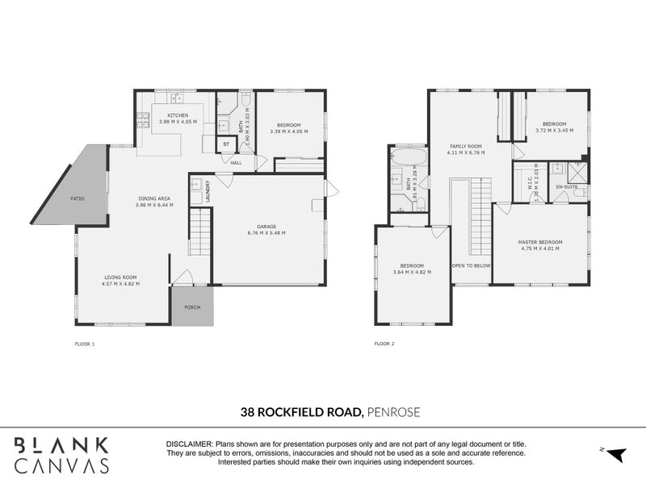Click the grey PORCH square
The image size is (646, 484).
[192, 307]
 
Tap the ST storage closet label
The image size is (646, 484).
[226, 145]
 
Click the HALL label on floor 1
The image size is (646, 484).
[237, 163]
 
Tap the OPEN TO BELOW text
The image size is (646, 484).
[471, 265]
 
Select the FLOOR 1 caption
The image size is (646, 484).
[85, 344]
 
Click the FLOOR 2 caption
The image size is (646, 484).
[384, 344]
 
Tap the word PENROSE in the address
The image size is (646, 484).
[392, 412]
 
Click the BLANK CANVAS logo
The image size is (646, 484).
[62, 455]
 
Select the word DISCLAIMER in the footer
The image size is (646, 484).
[189, 445]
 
